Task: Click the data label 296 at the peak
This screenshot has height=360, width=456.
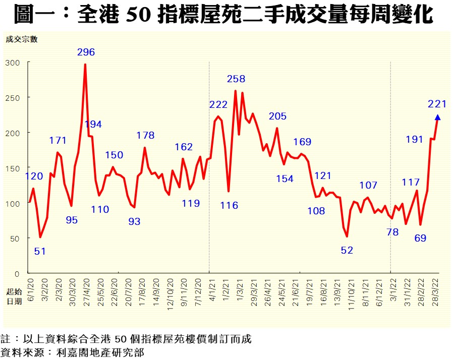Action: (86, 52)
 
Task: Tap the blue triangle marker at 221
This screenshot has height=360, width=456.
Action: (437, 117)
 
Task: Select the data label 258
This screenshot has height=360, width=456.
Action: (236, 79)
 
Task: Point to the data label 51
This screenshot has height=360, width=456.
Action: (40, 251)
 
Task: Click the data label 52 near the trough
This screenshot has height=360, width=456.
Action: (347, 250)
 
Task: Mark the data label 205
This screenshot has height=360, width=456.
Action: (277, 116)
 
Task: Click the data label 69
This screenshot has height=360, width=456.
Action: (420, 237)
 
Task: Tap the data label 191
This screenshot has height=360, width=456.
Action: (414, 139)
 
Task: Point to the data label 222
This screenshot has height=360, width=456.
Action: (218, 104)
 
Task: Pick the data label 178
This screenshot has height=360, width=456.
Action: (145, 135)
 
